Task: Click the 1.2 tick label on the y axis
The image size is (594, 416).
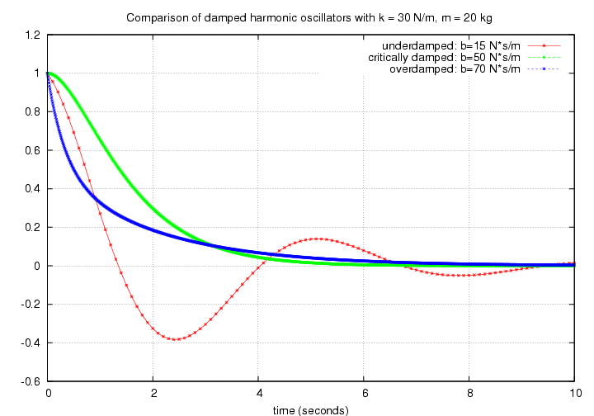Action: pyautogui.click(x=33, y=35)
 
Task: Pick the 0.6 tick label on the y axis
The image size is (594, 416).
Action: pyautogui.click(x=33, y=150)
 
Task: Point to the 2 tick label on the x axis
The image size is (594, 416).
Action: pyautogui.click(x=153, y=394)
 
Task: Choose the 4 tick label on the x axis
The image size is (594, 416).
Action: pyautogui.click(x=259, y=394)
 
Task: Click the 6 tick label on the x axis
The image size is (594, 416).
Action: pyautogui.click(x=364, y=394)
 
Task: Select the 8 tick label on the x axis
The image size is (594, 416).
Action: pyautogui.click(x=469, y=394)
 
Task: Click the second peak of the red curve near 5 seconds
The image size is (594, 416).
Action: pyautogui.click(x=317, y=239)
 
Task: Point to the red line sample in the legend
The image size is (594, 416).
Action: pyautogui.click(x=543, y=45)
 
